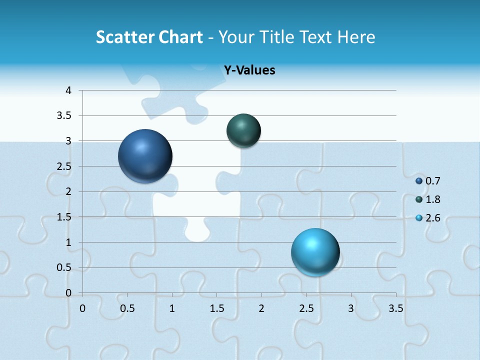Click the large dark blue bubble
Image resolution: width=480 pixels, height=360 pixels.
pos(145,156)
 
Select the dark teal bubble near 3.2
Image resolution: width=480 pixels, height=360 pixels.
pos(243,130)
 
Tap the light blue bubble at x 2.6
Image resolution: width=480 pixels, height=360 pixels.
pos(315,252)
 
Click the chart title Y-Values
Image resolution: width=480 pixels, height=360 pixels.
pos(249,70)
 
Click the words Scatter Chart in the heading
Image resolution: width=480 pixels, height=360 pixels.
pos(149,37)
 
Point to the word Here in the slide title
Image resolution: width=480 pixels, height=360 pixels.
pos(356,37)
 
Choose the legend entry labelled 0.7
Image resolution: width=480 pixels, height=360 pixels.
pos(427,181)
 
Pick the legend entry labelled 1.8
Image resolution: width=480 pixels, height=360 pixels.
pos(427,199)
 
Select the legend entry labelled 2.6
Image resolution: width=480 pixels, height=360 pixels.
pos(427,218)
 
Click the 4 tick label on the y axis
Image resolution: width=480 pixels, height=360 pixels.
pos(68,90)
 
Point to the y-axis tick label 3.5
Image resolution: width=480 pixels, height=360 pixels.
pos(64,116)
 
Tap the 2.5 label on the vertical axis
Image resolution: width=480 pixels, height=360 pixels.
pos(64,166)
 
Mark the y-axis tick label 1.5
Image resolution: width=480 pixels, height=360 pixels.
pos(64,217)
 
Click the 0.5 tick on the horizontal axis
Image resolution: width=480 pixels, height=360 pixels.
pos(127,308)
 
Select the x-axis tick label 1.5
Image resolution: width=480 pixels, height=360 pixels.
pos(216,308)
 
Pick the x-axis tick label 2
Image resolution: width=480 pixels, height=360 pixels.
pos(261,308)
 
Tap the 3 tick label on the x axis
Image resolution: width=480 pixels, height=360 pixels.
pos(350,308)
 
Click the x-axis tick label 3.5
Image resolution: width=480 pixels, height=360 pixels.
pos(395,308)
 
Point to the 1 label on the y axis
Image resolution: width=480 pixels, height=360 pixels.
pos(68,242)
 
